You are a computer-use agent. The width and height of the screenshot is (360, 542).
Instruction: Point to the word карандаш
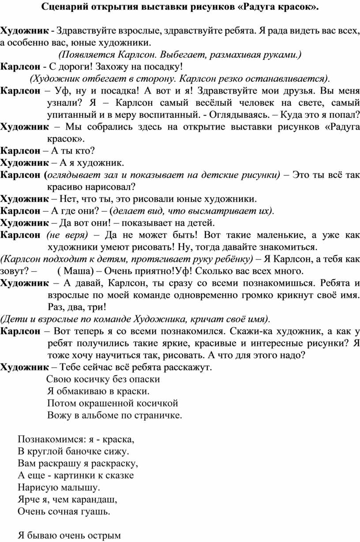pyautogui.click(x=92, y=500)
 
